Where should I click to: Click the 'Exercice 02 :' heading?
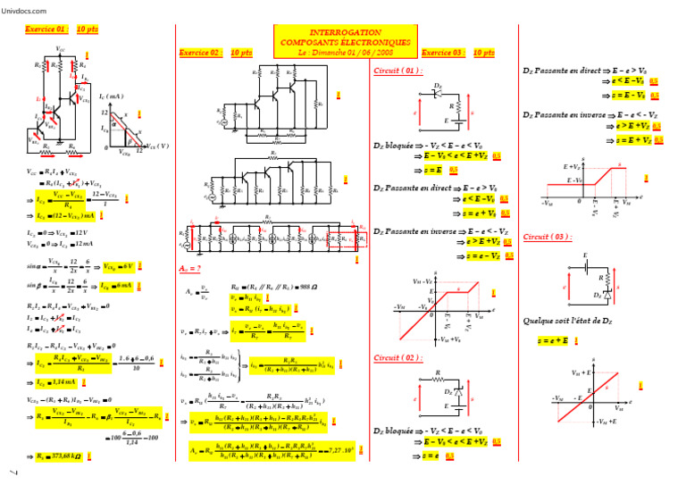(x=201, y=53)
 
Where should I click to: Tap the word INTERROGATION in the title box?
(x=345, y=31)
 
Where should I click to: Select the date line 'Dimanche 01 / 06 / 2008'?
(x=344, y=53)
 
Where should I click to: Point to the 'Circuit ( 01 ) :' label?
(x=397, y=71)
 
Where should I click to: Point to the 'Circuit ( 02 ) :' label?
(x=397, y=357)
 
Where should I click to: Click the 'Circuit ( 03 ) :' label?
(x=548, y=238)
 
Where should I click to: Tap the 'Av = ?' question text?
(x=190, y=268)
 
